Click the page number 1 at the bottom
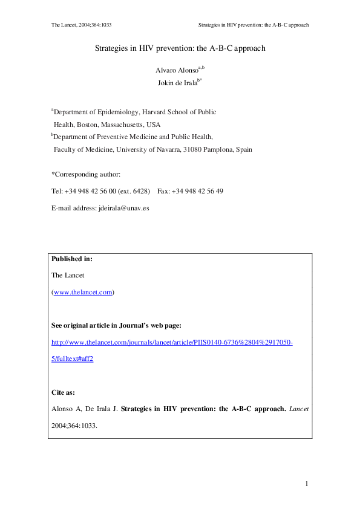(x=307, y=483)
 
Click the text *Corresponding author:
(x=86, y=174)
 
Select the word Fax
(x=163, y=191)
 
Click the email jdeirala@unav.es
(x=123, y=208)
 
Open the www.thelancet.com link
(x=83, y=292)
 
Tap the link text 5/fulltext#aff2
(x=73, y=358)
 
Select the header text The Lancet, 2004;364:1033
(x=82, y=25)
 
